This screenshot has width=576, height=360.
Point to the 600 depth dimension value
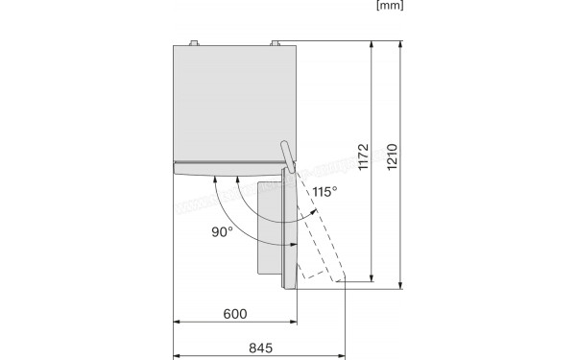pyautogui.click(x=234, y=314)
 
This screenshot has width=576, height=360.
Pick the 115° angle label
pyautogui.click(x=324, y=192)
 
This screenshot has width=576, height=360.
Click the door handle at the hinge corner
pyautogui.click(x=287, y=155)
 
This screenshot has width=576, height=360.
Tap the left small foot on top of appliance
pyautogui.click(x=196, y=41)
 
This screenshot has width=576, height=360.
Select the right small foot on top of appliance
pyautogui.click(x=276, y=41)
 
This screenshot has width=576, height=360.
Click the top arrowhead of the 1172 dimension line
pyautogui.click(x=371, y=45)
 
